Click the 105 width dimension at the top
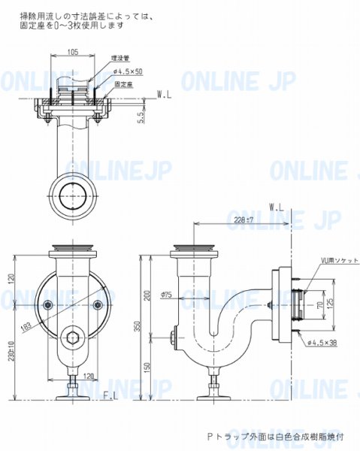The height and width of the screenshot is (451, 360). [72, 52]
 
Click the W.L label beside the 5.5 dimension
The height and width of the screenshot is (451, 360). [165, 95]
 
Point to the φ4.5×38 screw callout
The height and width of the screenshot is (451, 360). [322, 341]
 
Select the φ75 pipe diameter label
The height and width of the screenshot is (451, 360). [165, 295]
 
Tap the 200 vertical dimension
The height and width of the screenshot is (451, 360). [148, 295]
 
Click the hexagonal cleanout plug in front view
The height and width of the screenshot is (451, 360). [72, 336]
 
